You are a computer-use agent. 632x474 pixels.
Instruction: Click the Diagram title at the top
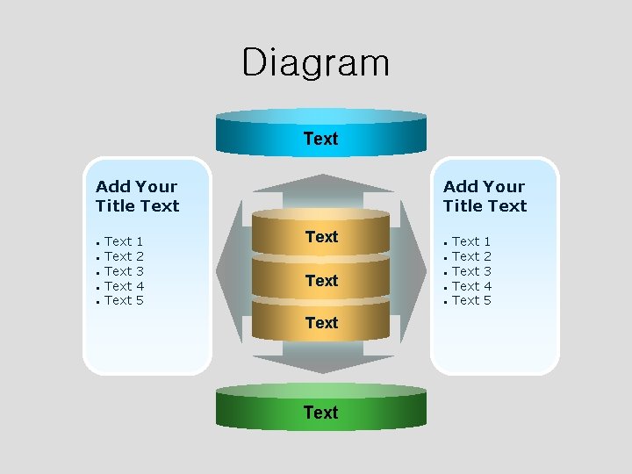(x=315, y=63)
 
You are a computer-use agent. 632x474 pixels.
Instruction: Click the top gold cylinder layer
(x=320, y=236)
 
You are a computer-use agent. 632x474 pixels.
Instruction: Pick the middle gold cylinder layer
(x=320, y=280)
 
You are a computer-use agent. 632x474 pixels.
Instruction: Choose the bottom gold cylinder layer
(x=320, y=322)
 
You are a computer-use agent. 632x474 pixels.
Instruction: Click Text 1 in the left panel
(x=124, y=241)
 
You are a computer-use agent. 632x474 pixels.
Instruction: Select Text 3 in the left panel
(x=124, y=271)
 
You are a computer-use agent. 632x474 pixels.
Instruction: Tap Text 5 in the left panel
(x=124, y=301)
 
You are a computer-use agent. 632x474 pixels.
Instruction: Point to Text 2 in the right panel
(x=471, y=256)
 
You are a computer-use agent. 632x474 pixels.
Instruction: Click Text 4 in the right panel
(x=471, y=286)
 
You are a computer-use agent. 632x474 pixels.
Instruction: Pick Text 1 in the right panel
(x=471, y=241)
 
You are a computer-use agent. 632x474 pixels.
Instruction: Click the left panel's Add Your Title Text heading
(x=137, y=196)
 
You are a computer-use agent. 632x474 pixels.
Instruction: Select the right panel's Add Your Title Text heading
(x=485, y=196)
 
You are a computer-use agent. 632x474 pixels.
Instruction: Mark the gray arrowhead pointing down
(x=321, y=364)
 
